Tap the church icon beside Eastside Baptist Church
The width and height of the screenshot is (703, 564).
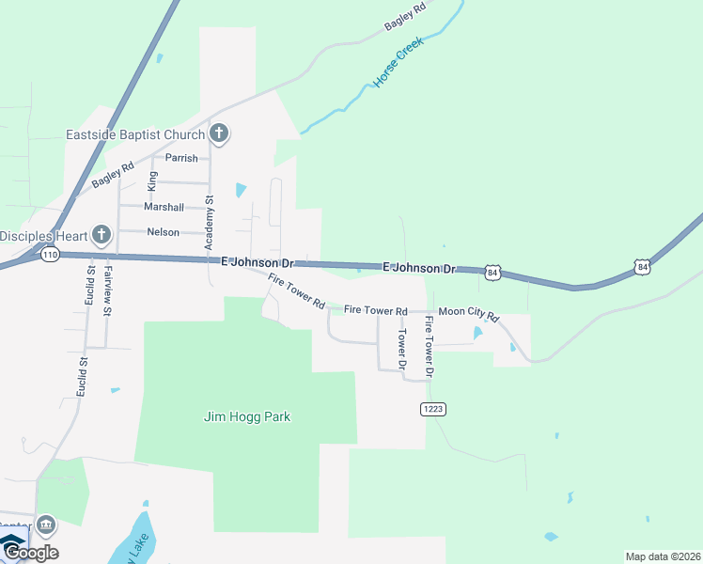(219, 133)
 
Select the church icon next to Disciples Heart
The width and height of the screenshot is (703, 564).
(102, 234)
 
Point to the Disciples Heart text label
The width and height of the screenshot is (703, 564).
(42, 235)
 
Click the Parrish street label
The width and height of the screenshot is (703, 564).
(181, 158)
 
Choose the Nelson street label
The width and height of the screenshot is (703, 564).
(163, 232)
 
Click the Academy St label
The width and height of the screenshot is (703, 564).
(211, 224)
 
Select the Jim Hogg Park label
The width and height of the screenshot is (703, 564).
(246, 416)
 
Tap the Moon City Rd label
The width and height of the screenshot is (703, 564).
(467, 310)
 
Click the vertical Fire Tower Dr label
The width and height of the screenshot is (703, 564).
(429, 347)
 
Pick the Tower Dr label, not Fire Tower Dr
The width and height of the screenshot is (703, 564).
(402, 349)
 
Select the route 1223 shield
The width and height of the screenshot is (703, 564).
(433, 409)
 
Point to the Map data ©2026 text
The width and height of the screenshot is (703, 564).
(663, 556)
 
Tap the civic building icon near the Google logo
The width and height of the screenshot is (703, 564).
(47, 525)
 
